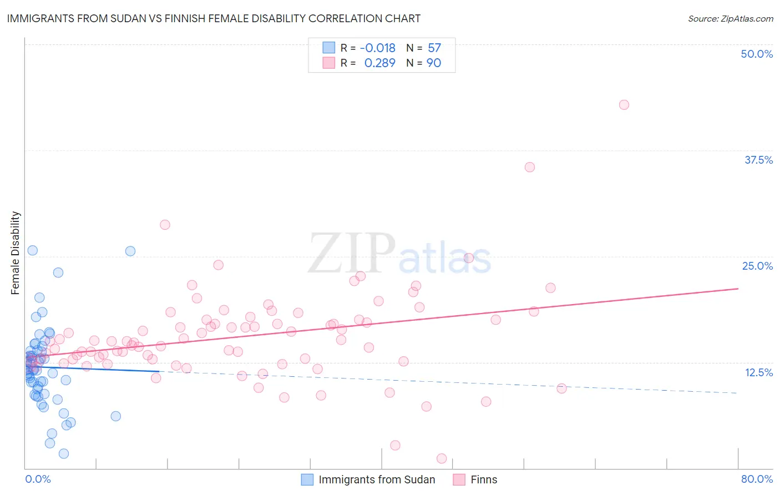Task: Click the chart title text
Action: (214, 18)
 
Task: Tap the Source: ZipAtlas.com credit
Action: (730, 18)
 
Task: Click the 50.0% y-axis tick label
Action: (757, 54)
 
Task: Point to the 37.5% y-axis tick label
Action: (758, 160)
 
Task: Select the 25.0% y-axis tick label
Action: (757, 266)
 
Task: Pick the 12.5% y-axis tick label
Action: (758, 372)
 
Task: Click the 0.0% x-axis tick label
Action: (38, 479)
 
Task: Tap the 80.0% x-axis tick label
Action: (757, 479)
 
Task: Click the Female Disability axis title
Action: (16, 252)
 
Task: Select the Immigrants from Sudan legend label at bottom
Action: (377, 479)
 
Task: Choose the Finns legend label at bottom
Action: (484, 479)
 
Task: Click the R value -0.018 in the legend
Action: (378, 48)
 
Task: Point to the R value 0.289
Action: (380, 63)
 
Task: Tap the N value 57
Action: (434, 48)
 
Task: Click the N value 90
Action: (434, 63)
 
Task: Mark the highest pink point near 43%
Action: (624, 105)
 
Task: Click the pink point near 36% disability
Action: (530, 167)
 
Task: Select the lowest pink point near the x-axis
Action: (442, 458)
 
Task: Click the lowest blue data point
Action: (64, 454)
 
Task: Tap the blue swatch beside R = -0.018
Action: (329, 48)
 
